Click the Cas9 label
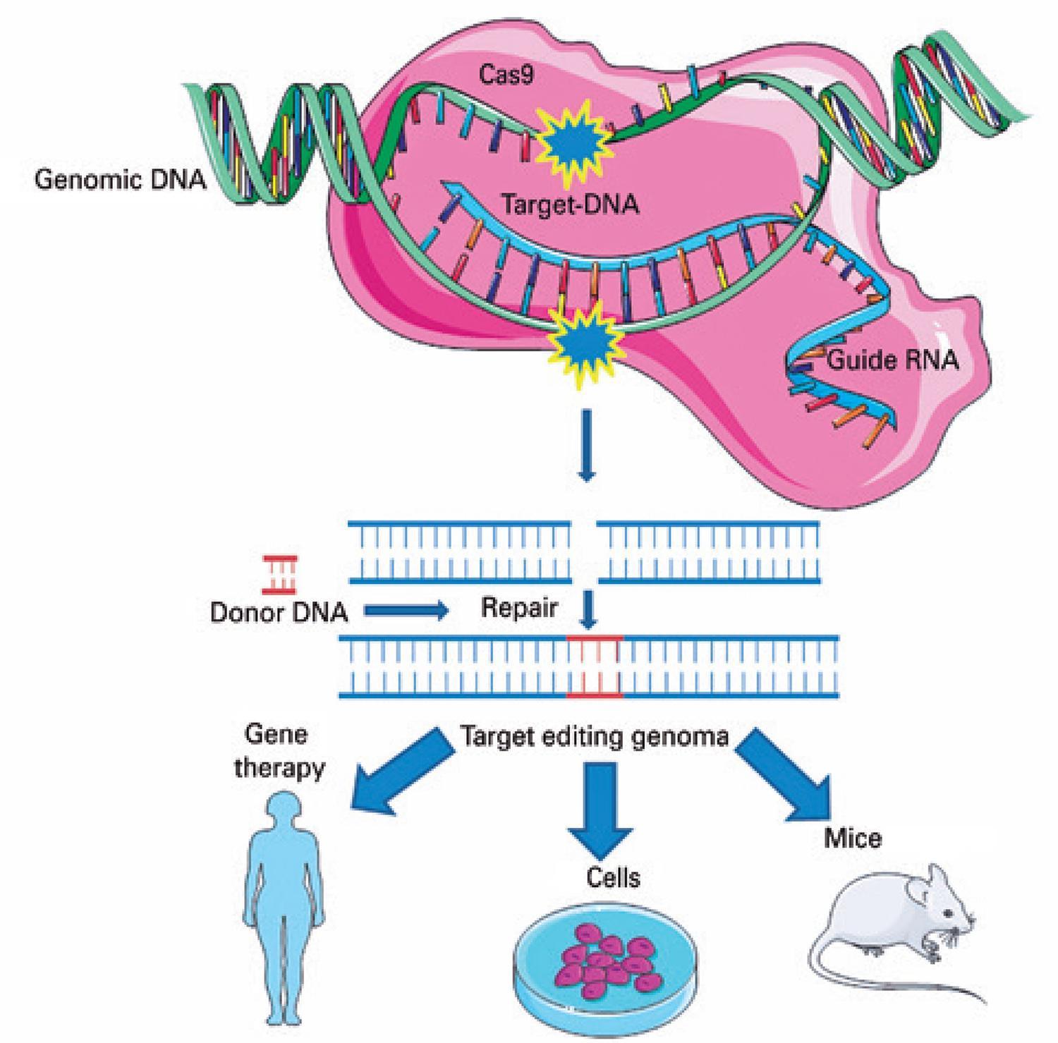(506, 75)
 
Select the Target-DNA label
(569, 205)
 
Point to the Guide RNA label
(892, 360)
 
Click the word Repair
(520, 608)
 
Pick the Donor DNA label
(279, 611)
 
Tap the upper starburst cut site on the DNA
(574, 140)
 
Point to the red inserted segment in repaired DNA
(594, 666)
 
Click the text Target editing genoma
(594, 737)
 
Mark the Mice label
(853, 838)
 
